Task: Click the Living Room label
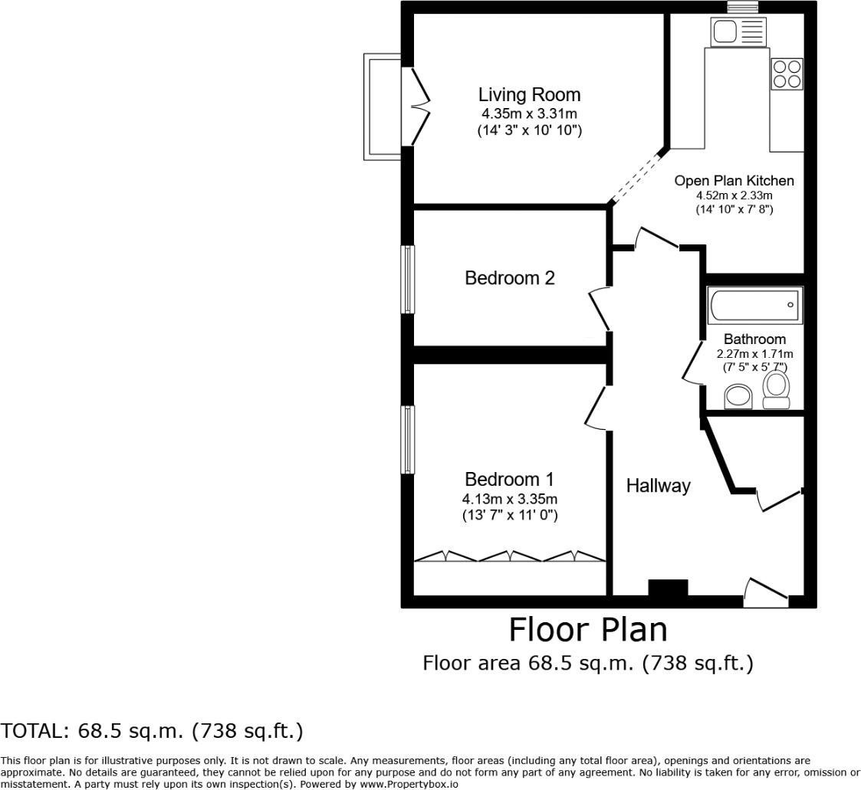[x=529, y=95]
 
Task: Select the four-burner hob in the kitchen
[x=787, y=74]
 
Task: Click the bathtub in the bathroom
[x=755, y=306]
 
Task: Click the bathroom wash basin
[x=739, y=396]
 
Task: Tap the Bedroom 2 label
[x=509, y=278]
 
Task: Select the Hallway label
[x=658, y=486]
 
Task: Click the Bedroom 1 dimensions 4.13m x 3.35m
[x=509, y=500]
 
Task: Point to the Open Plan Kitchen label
[x=734, y=181]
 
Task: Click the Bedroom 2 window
[x=408, y=279]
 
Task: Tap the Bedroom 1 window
[x=408, y=440]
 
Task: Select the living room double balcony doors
[x=419, y=107]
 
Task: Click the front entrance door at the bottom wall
[x=765, y=593]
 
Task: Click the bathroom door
[x=692, y=363]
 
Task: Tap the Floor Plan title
[x=588, y=630]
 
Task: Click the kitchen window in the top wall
[x=742, y=7]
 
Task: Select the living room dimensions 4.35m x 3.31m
[x=529, y=114]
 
